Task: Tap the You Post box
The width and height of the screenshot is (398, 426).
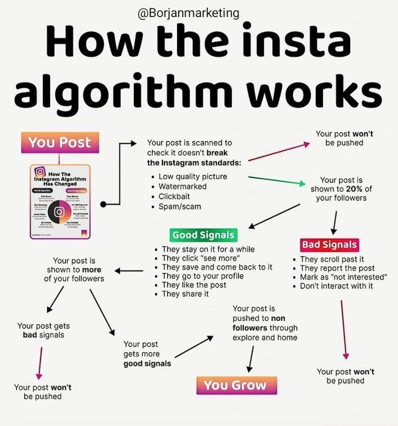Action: [60, 143]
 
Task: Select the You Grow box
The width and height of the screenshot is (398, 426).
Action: [236, 385]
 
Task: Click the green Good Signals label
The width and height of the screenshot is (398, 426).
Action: [203, 235]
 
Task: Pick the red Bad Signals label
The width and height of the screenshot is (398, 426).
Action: [329, 245]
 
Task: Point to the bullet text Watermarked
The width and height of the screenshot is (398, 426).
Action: [182, 186]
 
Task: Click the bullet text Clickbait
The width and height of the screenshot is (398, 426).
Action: [174, 196]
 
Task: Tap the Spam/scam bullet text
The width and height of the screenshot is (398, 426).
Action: [180, 206]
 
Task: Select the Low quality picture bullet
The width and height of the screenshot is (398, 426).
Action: [193, 176]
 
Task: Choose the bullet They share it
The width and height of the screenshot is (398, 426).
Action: [185, 294]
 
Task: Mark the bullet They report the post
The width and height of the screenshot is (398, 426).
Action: [337, 268]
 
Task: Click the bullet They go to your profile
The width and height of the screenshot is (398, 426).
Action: [203, 276]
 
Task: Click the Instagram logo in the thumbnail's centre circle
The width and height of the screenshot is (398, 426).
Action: [59, 212]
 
